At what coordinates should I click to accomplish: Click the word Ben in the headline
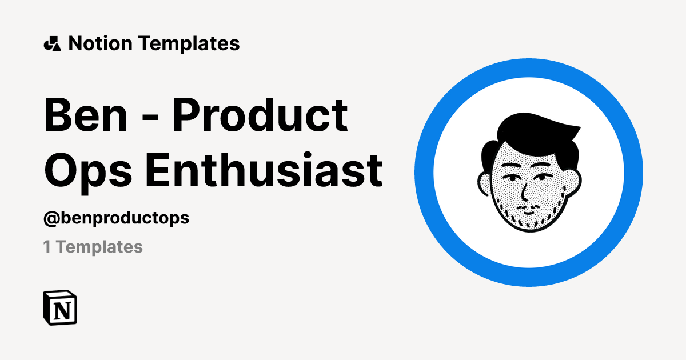pos(86,115)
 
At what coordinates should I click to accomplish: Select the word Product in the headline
pos(261,115)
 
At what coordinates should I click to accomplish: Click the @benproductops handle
pos(116,218)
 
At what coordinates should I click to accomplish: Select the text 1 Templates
pos(93,247)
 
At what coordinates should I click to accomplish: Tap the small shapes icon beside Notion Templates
pos(52,43)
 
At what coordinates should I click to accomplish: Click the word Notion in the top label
pos(101,43)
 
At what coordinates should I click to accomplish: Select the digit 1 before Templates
pos(46,247)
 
